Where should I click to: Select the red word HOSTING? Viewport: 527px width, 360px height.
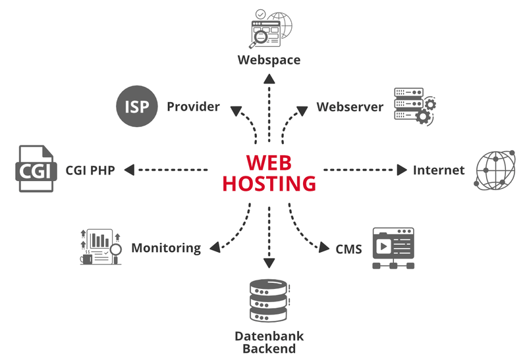click(x=269, y=183)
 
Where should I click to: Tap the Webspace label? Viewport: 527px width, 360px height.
click(x=269, y=60)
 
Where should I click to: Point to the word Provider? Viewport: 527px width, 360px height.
click(x=193, y=107)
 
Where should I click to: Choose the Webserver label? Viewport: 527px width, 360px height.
click(x=350, y=107)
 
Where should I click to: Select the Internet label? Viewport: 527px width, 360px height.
click(x=439, y=170)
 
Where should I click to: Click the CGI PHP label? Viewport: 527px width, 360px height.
click(x=90, y=170)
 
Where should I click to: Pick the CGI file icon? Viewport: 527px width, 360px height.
click(x=33, y=170)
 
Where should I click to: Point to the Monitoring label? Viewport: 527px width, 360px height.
click(x=166, y=248)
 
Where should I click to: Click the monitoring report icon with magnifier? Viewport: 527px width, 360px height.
click(x=100, y=247)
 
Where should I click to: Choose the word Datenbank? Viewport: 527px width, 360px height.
click(x=269, y=336)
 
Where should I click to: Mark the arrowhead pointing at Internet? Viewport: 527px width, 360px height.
click(x=402, y=170)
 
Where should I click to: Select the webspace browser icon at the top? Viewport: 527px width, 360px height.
click(x=269, y=28)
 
